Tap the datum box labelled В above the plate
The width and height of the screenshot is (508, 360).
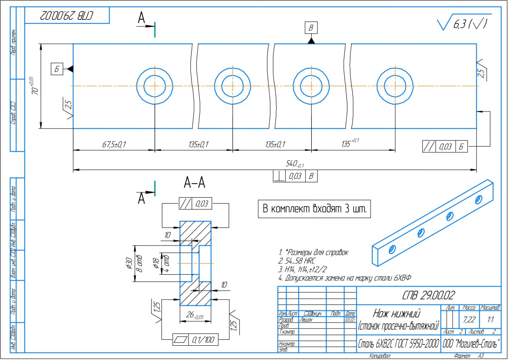(311, 28)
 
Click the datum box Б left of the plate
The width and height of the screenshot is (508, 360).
(56, 69)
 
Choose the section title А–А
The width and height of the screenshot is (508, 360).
(194, 183)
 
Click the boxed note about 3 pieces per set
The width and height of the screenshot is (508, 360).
(315, 209)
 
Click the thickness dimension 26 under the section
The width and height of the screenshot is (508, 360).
(195, 316)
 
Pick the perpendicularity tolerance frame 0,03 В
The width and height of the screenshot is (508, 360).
(295, 176)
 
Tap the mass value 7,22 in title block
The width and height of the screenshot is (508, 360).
(469, 319)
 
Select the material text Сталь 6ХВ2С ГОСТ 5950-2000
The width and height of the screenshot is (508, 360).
(398, 343)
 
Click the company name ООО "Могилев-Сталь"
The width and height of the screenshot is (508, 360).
(471, 343)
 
